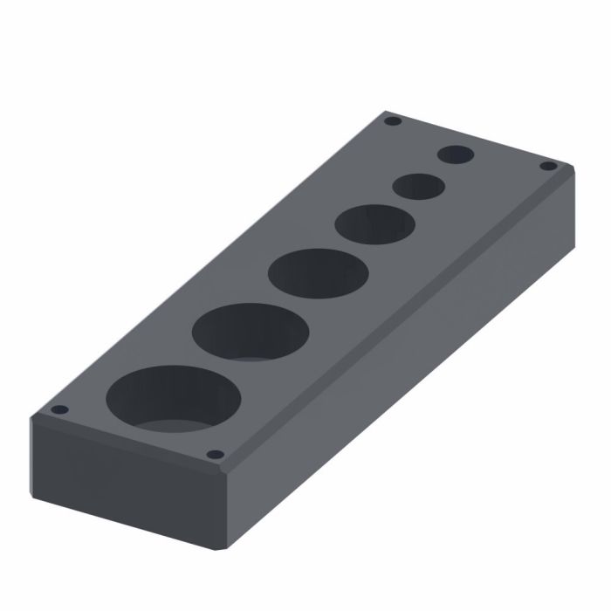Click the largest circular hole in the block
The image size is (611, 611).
(x=173, y=400)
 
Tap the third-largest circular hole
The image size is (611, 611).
(x=318, y=273)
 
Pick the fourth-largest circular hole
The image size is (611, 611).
(x=374, y=224)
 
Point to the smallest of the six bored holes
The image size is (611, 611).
(x=456, y=155)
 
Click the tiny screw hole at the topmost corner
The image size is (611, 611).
(x=392, y=120)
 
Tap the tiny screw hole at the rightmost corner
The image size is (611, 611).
(x=547, y=165)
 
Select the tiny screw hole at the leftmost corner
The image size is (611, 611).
(x=59, y=409)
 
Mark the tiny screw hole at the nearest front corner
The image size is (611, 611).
(x=214, y=454)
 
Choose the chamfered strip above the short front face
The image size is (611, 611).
(x=131, y=445)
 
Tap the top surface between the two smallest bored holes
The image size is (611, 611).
(x=436, y=171)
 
